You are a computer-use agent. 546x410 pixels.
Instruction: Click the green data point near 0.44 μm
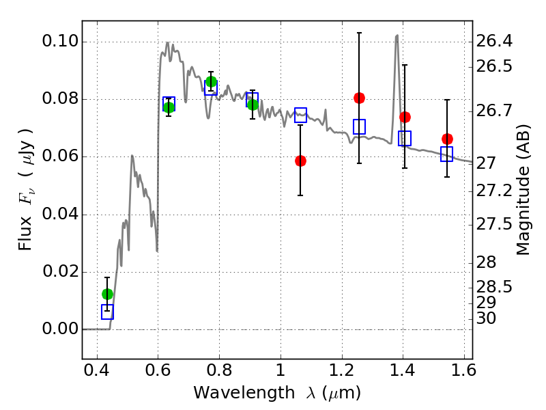point(107,294)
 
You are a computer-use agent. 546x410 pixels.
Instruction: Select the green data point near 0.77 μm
point(211,82)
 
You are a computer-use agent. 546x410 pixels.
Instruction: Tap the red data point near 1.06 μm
point(300,161)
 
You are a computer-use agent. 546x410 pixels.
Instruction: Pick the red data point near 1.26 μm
point(359,98)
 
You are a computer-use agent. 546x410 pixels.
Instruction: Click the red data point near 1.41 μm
point(405,117)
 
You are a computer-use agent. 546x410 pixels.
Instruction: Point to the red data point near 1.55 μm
point(447,139)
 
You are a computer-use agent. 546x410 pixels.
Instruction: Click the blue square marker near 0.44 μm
point(107,312)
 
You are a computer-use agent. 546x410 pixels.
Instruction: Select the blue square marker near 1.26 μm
point(359,126)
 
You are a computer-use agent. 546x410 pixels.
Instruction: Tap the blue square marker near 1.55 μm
point(447,154)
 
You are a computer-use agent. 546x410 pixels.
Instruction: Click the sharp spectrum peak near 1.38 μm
point(397,36)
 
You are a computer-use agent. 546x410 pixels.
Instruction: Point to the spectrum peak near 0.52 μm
point(132,156)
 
